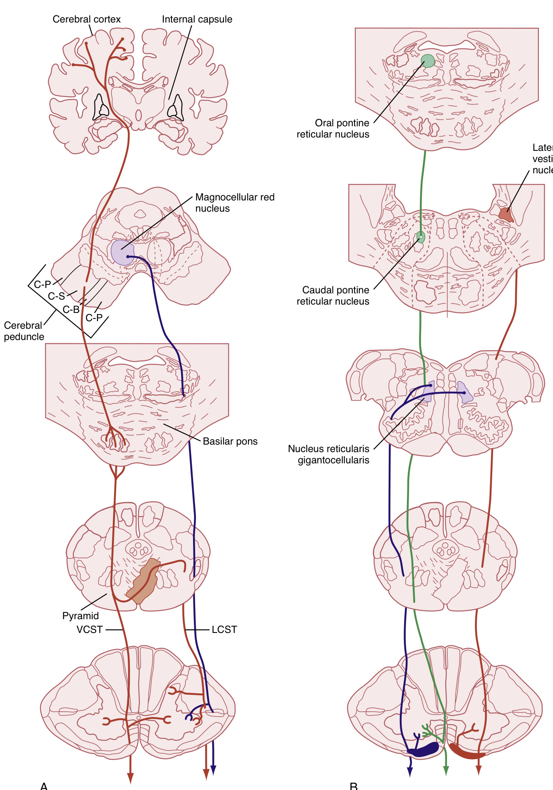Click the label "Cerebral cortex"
coord(87,19)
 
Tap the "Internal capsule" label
coord(197,19)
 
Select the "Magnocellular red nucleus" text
coord(235,202)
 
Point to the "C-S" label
coord(56,296)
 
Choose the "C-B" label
coord(71,310)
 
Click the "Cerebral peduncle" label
coord(24,331)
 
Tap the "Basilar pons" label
coord(230,441)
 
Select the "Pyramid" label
coord(80,616)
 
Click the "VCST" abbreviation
coord(89,630)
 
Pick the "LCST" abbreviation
coord(224,630)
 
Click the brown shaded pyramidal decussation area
coord(144,581)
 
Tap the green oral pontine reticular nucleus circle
coord(427,61)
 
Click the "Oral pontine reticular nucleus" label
coord(333,129)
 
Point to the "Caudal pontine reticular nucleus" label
coord(333,295)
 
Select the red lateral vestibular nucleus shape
coord(506,215)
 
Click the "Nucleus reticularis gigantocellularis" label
coord(329,454)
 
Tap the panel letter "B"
coord(354,786)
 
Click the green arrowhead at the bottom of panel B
coord(446,771)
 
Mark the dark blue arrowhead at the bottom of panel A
coord(213,770)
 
